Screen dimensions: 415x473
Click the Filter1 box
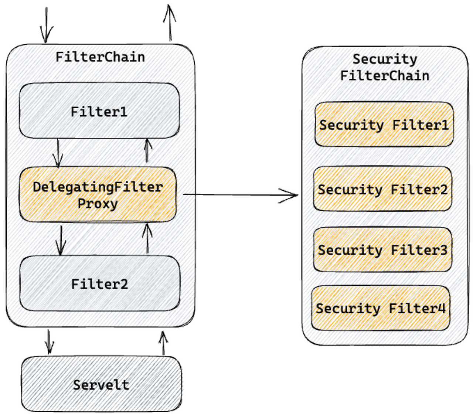[99, 111]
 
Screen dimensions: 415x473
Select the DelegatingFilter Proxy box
[98, 195]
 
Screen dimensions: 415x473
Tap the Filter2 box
[100, 283]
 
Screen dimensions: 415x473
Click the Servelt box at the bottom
[101, 384]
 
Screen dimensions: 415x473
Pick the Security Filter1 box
[384, 125]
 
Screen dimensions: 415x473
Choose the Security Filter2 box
[382, 189]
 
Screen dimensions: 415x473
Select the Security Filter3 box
[382, 250]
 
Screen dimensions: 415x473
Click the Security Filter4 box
[381, 308]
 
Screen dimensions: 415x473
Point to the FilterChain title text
[100, 57]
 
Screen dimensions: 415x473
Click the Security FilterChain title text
[385, 67]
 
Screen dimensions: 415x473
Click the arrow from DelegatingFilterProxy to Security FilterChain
[240, 194]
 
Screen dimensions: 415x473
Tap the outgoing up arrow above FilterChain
[170, 22]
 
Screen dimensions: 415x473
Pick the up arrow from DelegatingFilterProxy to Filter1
[147, 151]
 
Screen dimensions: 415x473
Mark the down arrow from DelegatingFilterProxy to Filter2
[61, 240]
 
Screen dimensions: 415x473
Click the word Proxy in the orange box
[98, 204]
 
